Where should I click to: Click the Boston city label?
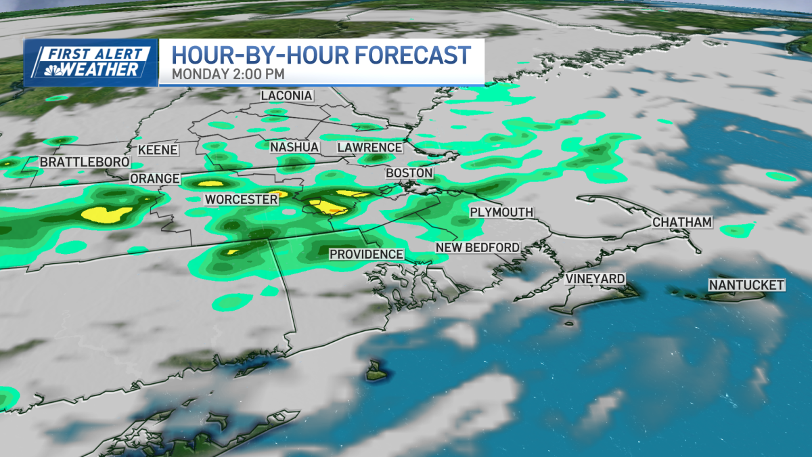[x=409, y=173]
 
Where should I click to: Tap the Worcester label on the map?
[x=241, y=200]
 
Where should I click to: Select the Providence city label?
[x=366, y=254]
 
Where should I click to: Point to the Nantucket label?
[x=746, y=285]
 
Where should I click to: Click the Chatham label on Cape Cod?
[x=682, y=222]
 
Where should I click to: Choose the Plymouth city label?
[x=501, y=213]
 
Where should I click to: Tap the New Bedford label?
[x=477, y=248]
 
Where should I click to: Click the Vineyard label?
[x=595, y=279]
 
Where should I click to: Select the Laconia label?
[x=287, y=95]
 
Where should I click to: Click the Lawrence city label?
[x=369, y=148]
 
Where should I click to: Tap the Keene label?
[x=157, y=150]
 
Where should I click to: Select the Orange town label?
[x=154, y=179]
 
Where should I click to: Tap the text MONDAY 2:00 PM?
[x=227, y=73]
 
